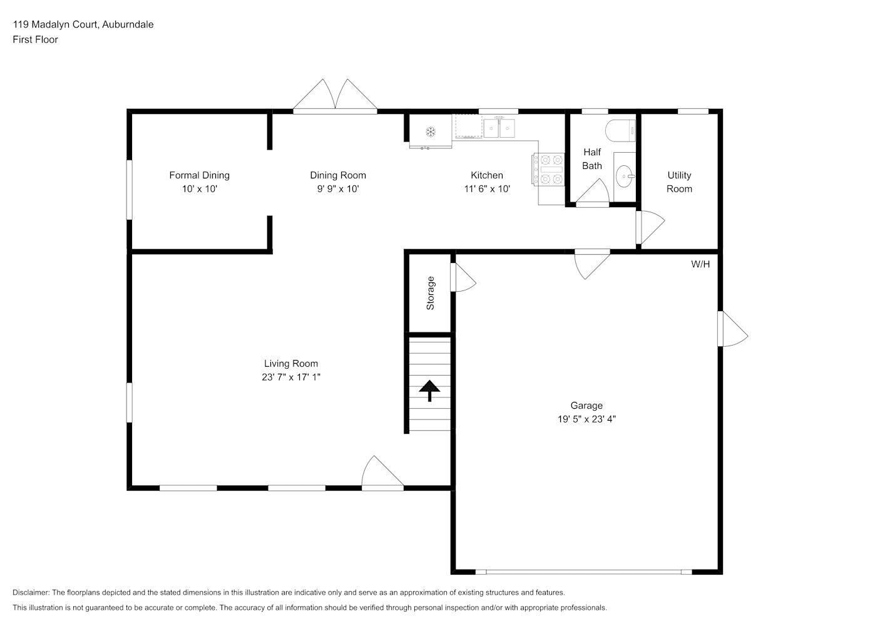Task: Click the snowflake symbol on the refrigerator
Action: pyautogui.click(x=430, y=131)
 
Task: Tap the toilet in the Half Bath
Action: pyautogui.click(x=620, y=131)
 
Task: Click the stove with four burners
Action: pyautogui.click(x=549, y=170)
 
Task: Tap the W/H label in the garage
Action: pyautogui.click(x=700, y=264)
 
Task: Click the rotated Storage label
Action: pyautogui.click(x=430, y=293)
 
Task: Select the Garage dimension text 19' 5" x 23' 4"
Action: pyautogui.click(x=586, y=419)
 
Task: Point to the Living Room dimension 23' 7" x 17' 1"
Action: pyautogui.click(x=291, y=377)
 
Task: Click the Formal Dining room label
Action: pyautogui.click(x=200, y=175)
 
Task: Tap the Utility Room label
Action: pyautogui.click(x=679, y=182)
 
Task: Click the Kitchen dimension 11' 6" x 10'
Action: pyautogui.click(x=487, y=189)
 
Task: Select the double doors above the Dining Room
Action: pyautogui.click(x=335, y=95)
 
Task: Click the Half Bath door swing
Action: pyautogui.click(x=593, y=192)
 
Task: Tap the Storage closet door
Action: pyautogui.click(x=463, y=277)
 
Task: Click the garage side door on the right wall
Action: pyautogui.click(x=732, y=329)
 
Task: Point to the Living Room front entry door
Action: pyautogui.click(x=382, y=473)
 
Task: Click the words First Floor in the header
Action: pyautogui.click(x=35, y=39)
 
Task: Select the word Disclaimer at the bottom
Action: pyautogui.click(x=31, y=592)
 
